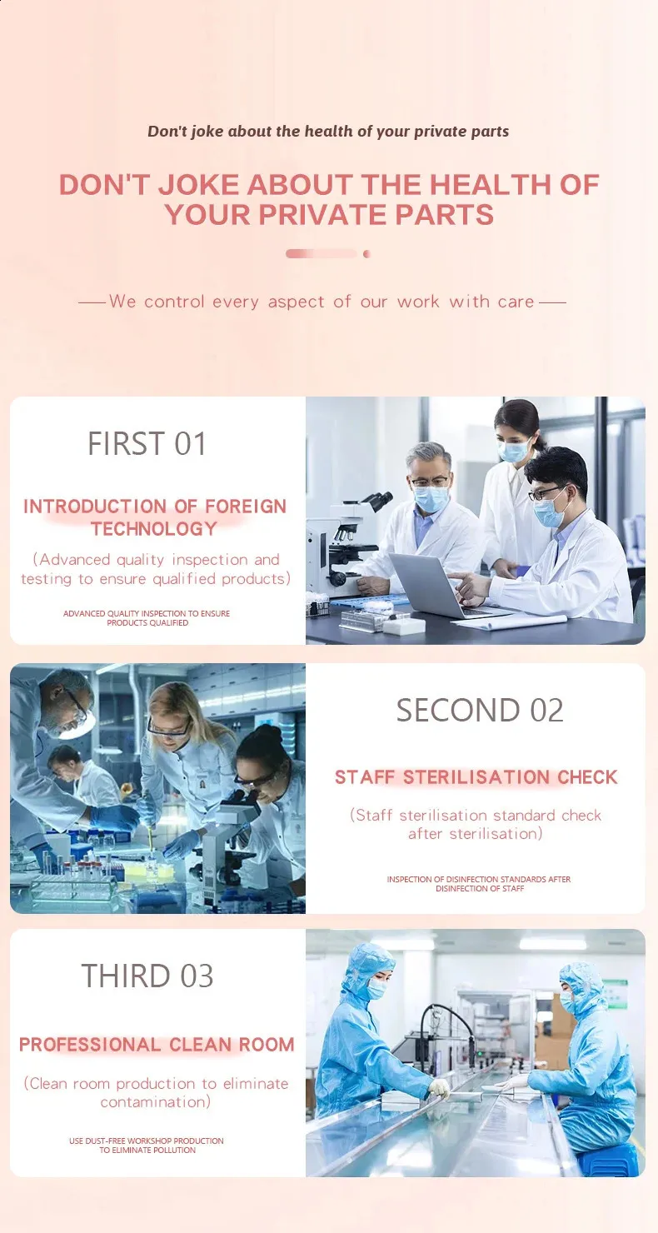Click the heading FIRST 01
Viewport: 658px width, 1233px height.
147,444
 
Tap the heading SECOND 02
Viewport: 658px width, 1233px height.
480,710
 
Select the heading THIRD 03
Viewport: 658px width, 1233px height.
147,976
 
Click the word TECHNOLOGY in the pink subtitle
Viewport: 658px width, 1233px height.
155,529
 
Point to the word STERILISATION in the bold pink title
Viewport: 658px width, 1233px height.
476,777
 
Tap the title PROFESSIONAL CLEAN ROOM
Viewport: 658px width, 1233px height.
157,1044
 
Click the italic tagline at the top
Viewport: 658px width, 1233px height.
328,132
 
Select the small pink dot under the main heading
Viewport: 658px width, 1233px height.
366,254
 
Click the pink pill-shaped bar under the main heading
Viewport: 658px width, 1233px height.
322,254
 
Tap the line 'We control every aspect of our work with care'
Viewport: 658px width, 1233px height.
322,302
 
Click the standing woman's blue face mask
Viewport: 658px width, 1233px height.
514,451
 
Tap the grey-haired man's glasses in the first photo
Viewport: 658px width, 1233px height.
429,482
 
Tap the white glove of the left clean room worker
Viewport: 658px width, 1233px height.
439,1088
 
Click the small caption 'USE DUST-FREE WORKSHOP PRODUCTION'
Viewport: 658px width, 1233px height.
147,1141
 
